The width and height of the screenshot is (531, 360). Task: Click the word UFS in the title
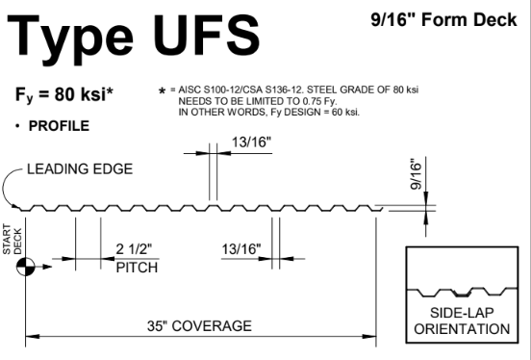[x=207, y=36]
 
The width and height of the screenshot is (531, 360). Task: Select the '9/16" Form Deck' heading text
[x=444, y=19]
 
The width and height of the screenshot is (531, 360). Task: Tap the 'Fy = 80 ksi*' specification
[x=64, y=94]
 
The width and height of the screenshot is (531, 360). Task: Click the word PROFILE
[x=59, y=126]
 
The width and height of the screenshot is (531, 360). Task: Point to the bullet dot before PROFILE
[x=17, y=126]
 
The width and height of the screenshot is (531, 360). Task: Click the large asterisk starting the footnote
[x=163, y=91]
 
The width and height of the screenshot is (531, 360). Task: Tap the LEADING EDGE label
[x=80, y=169]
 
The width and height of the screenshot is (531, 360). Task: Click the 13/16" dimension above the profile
[x=252, y=142]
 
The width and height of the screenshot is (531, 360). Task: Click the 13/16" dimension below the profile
[x=241, y=249]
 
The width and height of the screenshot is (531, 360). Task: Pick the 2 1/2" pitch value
[x=134, y=249]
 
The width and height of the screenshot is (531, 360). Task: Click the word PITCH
[x=137, y=268]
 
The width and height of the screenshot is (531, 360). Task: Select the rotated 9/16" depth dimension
[x=417, y=174]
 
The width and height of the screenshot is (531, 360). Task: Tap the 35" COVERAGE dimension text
[x=199, y=326]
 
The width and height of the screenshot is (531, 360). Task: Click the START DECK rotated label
[x=13, y=239]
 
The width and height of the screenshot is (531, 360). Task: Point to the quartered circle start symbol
[x=25, y=267]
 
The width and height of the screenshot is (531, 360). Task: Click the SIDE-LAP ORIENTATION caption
[x=462, y=321]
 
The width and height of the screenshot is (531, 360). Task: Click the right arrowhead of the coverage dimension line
[x=369, y=337]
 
